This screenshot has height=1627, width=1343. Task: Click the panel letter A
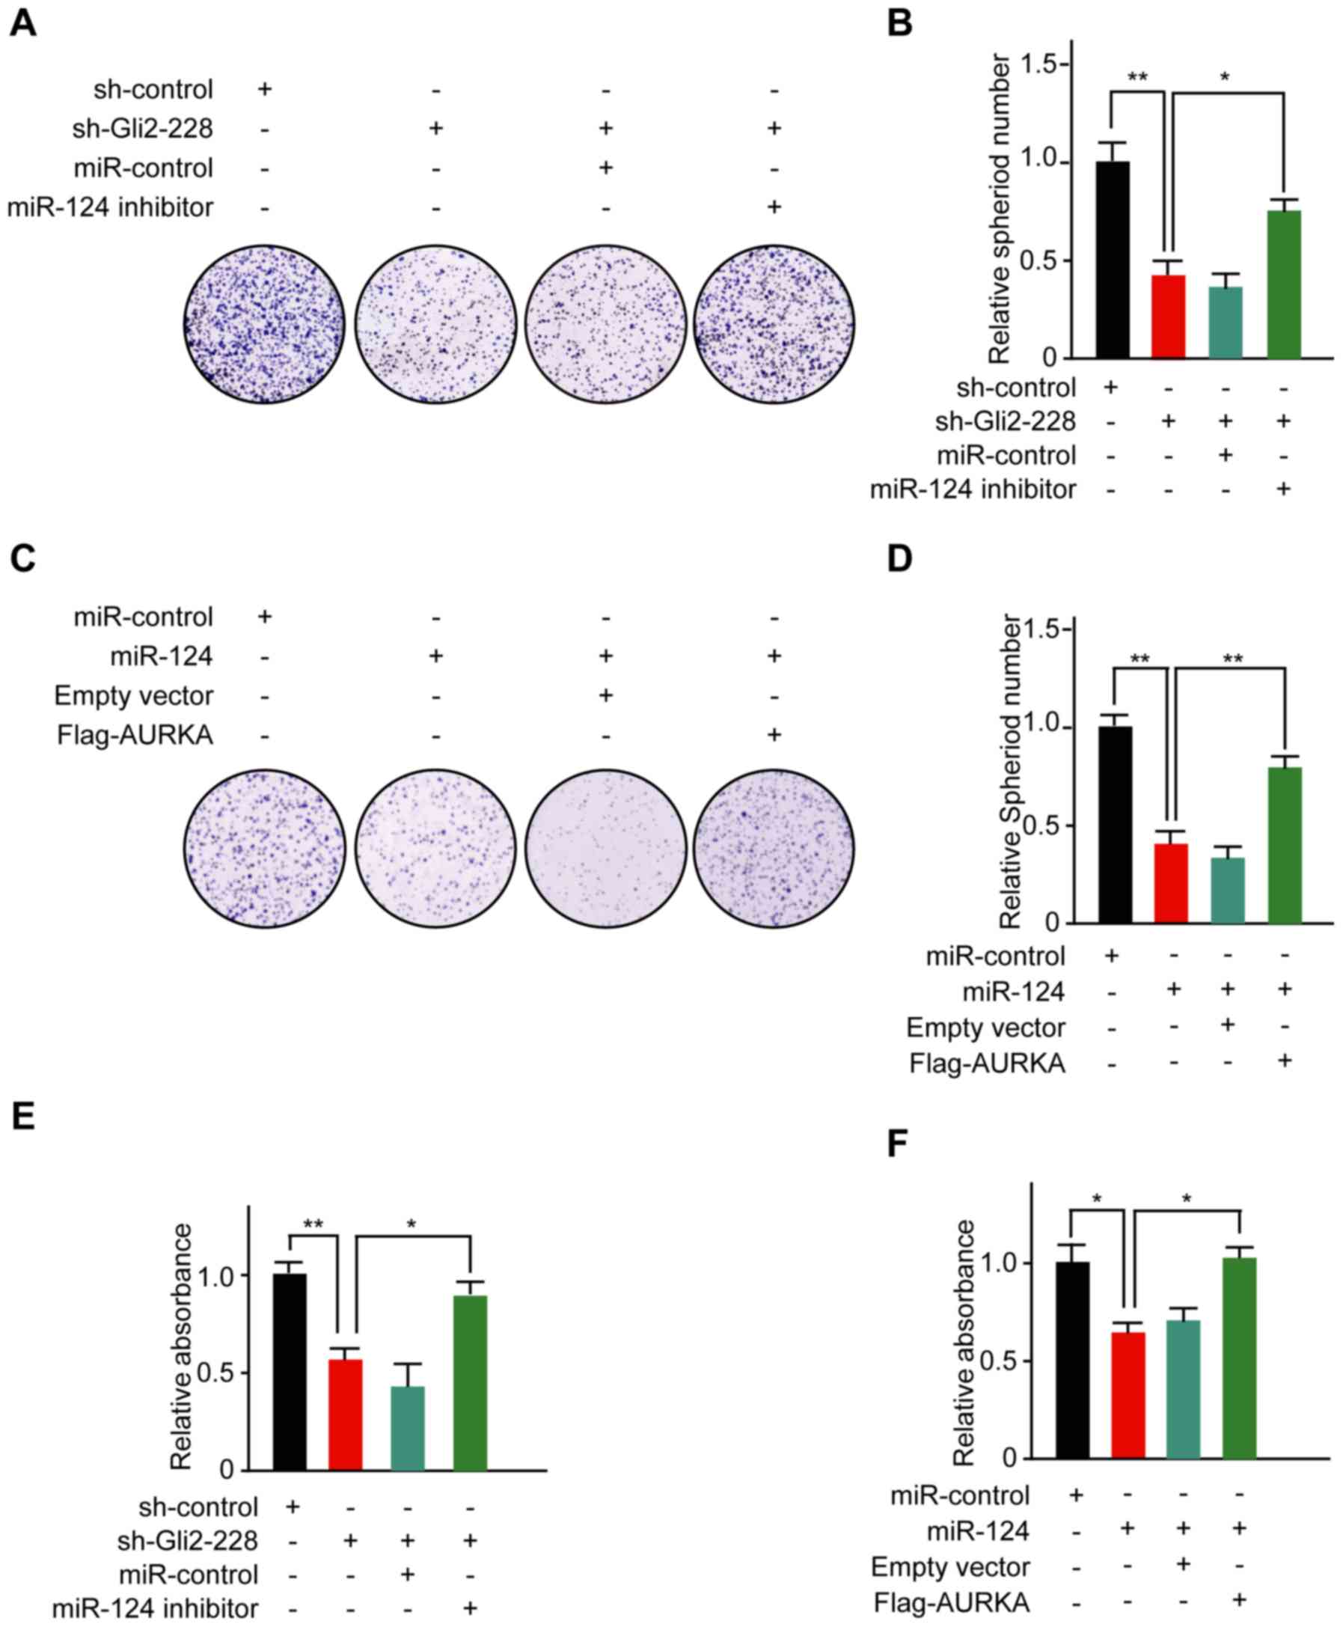pyautogui.click(x=23, y=23)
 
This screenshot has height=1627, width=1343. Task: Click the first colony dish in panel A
pyautogui.click(x=265, y=324)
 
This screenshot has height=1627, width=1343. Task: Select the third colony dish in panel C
pyautogui.click(x=606, y=848)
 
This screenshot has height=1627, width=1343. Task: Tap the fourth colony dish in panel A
pyautogui.click(x=774, y=324)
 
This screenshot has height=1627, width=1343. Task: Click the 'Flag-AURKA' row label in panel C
pyautogui.click(x=135, y=735)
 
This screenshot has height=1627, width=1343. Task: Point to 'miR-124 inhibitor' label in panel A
pyautogui.click(x=110, y=207)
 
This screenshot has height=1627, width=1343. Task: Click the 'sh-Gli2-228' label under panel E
pyautogui.click(x=187, y=1541)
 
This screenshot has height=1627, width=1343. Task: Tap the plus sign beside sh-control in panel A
pyautogui.click(x=265, y=89)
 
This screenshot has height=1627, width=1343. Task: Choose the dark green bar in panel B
pyautogui.click(x=1284, y=284)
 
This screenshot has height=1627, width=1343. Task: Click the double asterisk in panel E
pyautogui.click(x=313, y=1224)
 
